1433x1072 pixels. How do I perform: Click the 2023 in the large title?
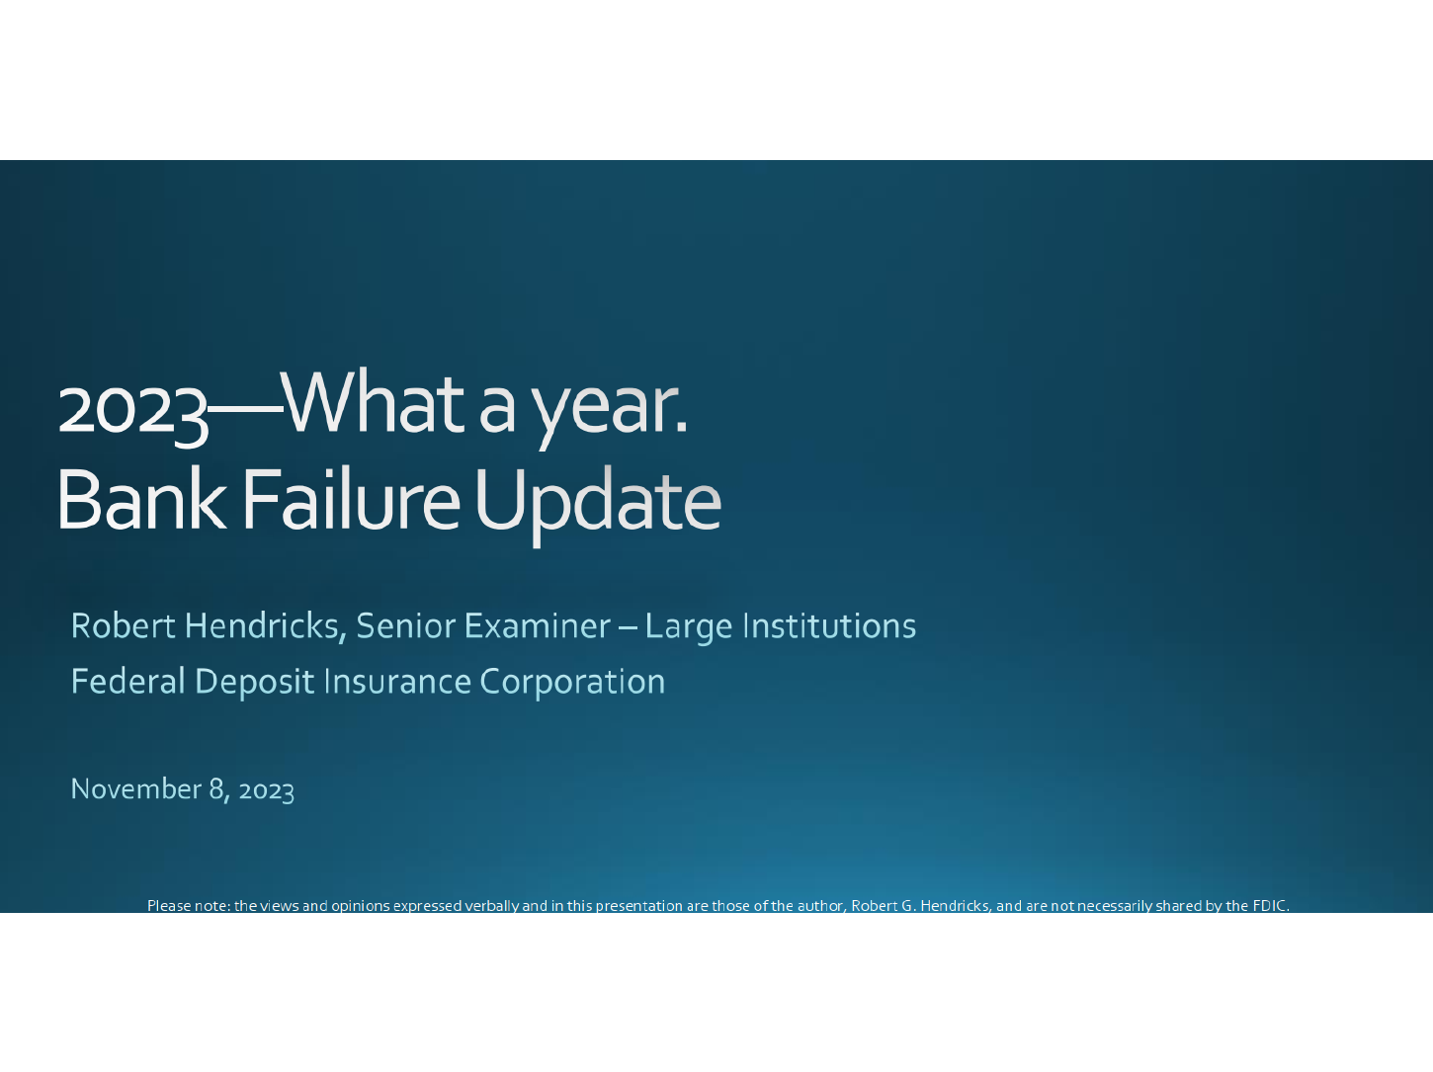point(133,412)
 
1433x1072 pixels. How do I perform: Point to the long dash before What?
point(245,410)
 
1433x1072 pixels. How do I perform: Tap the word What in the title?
point(375,402)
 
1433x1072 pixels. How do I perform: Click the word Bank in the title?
point(141,499)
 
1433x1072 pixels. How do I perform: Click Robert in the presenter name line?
point(124,625)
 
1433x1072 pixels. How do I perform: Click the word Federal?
point(127,681)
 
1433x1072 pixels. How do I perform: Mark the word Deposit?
point(255,683)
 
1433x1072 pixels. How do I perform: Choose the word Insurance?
point(397,681)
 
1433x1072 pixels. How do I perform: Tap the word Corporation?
point(572,683)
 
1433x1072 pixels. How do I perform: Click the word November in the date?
point(135,788)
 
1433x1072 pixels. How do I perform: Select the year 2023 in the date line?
point(267,790)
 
